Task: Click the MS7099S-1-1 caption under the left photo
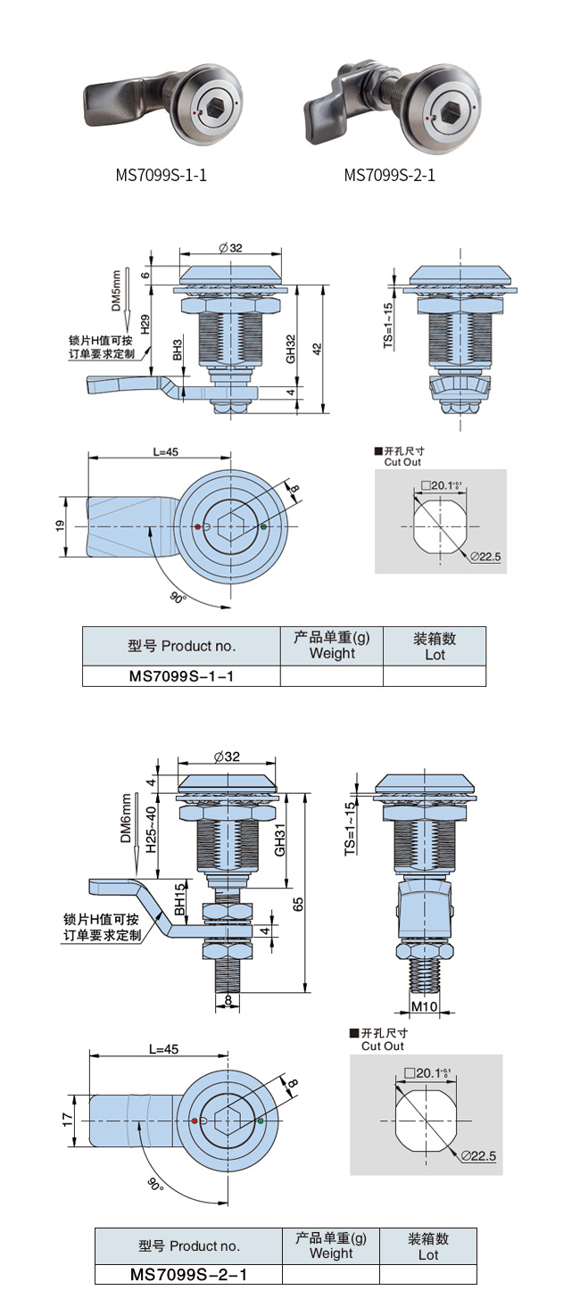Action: [161, 175]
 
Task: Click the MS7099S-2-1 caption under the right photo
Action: [390, 175]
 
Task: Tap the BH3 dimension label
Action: [178, 350]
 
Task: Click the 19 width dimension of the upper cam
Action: [60, 527]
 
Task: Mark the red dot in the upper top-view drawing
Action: [197, 527]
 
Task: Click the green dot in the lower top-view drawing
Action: [261, 1120]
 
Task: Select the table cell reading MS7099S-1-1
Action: [181, 676]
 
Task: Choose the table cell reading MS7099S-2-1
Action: [188, 1275]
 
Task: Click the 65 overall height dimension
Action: [299, 904]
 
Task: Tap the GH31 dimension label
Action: [280, 840]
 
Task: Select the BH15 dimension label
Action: [180, 900]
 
